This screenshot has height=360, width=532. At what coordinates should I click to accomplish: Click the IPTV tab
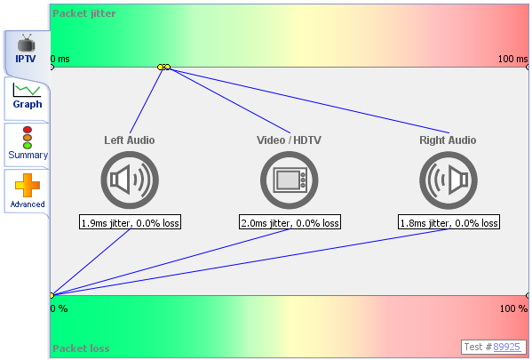pyautogui.click(x=27, y=50)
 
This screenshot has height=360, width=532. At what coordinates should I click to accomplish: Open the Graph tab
pyautogui.click(x=28, y=97)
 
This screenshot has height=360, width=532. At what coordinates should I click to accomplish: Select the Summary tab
pyautogui.click(x=28, y=143)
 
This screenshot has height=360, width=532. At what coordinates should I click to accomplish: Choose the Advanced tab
pyautogui.click(x=28, y=191)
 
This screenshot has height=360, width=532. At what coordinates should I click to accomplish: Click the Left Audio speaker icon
pyautogui.click(x=130, y=180)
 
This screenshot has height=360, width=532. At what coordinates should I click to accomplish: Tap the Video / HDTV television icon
pyautogui.click(x=289, y=180)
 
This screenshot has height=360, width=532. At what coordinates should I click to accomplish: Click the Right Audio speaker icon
pyautogui.click(x=449, y=180)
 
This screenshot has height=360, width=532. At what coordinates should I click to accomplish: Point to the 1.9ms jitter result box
pyautogui.click(x=130, y=221)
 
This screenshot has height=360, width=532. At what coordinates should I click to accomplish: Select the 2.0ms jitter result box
pyautogui.click(x=290, y=221)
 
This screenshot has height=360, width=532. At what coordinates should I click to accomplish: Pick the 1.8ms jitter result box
pyautogui.click(x=449, y=221)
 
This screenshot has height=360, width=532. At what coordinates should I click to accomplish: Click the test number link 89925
pyautogui.click(x=506, y=347)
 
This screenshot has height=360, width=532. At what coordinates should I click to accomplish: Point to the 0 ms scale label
pyautogui.click(x=60, y=59)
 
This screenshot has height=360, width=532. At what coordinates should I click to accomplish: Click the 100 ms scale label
pyautogui.click(x=512, y=59)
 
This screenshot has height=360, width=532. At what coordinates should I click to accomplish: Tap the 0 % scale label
pyautogui.click(x=59, y=308)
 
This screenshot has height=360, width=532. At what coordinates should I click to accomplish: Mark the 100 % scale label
pyautogui.click(x=513, y=308)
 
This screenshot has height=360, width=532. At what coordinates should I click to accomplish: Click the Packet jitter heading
pyautogui.click(x=83, y=13)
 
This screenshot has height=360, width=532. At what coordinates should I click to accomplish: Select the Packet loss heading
pyautogui.click(x=81, y=348)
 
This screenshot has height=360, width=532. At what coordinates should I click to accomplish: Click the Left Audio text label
pyautogui.click(x=130, y=140)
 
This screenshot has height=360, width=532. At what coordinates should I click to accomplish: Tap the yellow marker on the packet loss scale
pyautogui.click(x=52, y=295)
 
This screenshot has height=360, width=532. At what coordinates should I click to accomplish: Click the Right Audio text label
pyautogui.click(x=448, y=140)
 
